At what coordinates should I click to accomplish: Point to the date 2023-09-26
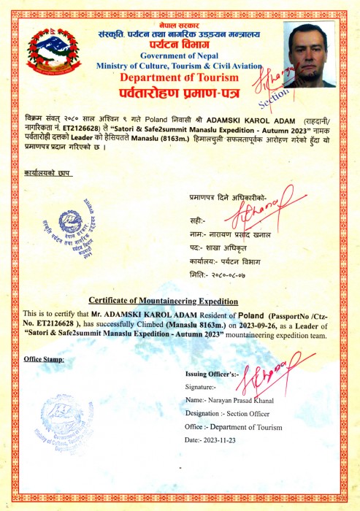(258, 323)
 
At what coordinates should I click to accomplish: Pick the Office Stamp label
(43, 359)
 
